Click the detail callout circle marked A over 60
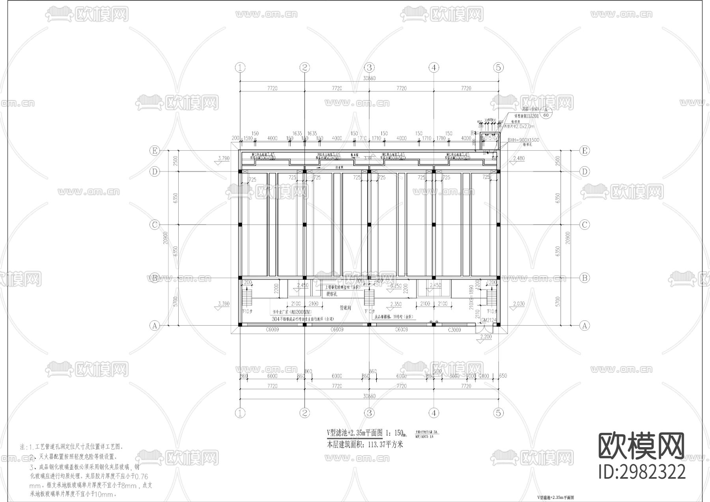546,112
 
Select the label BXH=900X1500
523,140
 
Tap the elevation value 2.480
519,158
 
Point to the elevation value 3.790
223,158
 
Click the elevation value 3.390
223,303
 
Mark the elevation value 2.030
519,303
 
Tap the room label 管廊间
346,307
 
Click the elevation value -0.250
396,286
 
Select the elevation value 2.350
396,304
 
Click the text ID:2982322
642,472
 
